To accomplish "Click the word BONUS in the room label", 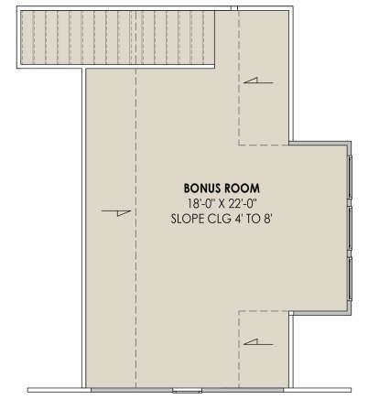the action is click(x=202, y=189).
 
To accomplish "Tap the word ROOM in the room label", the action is click(x=242, y=189).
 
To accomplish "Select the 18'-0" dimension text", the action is click(x=199, y=203).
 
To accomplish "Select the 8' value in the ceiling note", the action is click(x=266, y=219).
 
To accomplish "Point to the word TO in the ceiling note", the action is click(x=253, y=219).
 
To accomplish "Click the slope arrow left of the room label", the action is click(x=116, y=212).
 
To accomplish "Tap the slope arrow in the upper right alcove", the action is click(x=258, y=81).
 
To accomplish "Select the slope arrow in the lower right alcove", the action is click(x=258, y=342).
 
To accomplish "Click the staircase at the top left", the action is click(x=118, y=38).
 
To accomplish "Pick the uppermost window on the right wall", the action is click(x=350, y=178).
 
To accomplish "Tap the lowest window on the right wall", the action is click(x=350, y=279).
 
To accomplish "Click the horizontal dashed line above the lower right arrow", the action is click(x=264, y=311).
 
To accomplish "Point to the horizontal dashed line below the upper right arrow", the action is click(x=264, y=145).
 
